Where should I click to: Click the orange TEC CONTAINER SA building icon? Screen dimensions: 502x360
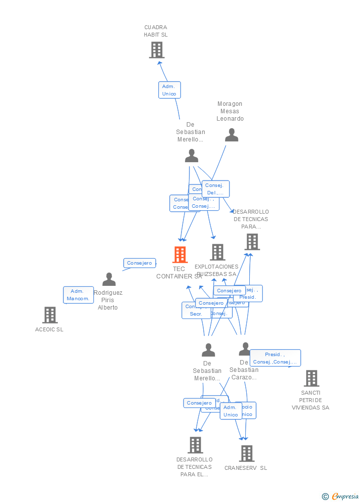click(x=180, y=255)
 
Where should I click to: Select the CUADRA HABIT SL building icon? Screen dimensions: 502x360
click(x=157, y=50)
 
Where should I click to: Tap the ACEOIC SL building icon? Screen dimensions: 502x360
click(x=50, y=315)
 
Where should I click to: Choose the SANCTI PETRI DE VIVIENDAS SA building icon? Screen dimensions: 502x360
click(x=311, y=378)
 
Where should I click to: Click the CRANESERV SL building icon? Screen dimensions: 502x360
click(x=246, y=453)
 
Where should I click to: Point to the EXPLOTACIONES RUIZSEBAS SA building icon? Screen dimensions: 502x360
click(x=217, y=252)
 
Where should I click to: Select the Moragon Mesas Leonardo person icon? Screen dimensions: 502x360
click(x=231, y=135)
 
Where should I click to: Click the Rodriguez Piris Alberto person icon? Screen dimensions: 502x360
click(x=109, y=279)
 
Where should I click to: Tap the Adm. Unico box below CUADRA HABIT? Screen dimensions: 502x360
click(x=169, y=90)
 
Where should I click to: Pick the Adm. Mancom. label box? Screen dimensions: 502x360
click(x=78, y=295)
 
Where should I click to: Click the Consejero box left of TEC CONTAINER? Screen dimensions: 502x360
click(x=139, y=263)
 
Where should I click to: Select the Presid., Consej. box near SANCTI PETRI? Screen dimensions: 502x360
click(x=275, y=358)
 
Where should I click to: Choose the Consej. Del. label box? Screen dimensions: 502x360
click(x=215, y=189)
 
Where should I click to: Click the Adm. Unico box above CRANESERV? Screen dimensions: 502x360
click(x=230, y=411)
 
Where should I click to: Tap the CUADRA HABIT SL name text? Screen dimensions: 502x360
click(x=156, y=31)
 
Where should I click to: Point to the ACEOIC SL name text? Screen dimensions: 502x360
click(x=49, y=329)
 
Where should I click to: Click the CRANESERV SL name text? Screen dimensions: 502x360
click(x=245, y=468)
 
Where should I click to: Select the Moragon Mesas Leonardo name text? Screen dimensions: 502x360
click(x=230, y=111)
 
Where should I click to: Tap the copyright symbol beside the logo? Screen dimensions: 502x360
click(x=325, y=497)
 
